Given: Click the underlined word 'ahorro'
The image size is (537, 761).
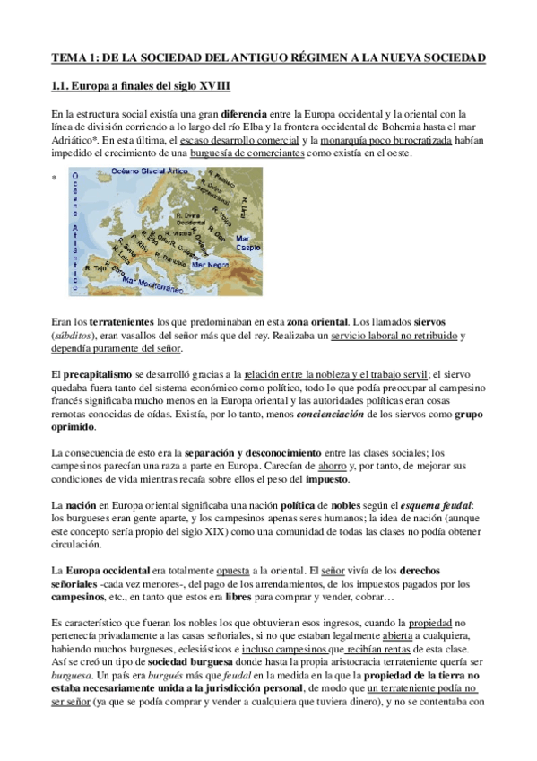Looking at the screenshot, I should point(332,467).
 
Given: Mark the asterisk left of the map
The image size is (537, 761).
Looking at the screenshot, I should point(54,179).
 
